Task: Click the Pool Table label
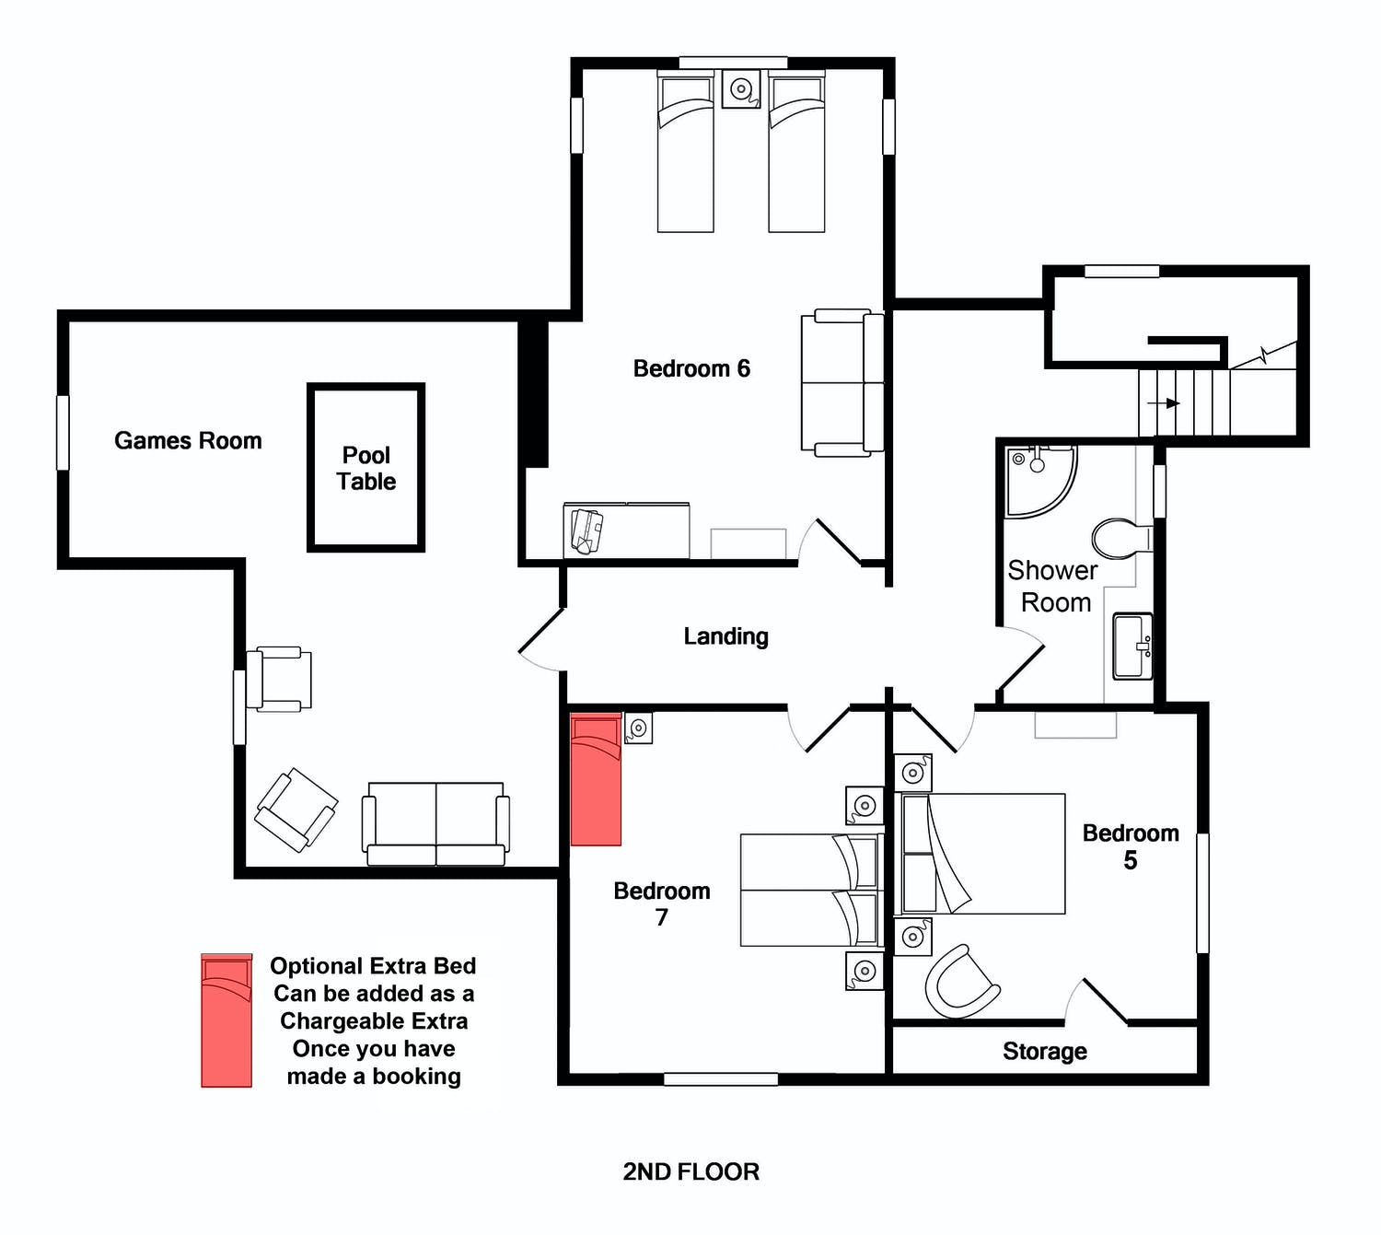pos(366,468)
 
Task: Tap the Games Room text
pos(188,440)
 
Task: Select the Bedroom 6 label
pos(691,368)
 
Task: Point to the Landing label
pos(725,636)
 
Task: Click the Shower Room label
pos(1053,587)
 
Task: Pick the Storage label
pos(1044,1052)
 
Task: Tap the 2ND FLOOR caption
pos(690,1171)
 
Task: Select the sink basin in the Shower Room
pos(1133,647)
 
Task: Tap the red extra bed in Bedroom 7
pos(596,779)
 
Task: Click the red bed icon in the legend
pos(226,1020)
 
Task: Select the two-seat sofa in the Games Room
pos(435,823)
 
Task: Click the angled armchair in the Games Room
pos(296,810)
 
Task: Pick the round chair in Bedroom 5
pos(961,982)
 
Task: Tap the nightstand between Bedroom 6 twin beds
pos(741,88)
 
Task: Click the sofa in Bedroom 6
pos(842,382)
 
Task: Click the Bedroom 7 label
pos(662,903)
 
